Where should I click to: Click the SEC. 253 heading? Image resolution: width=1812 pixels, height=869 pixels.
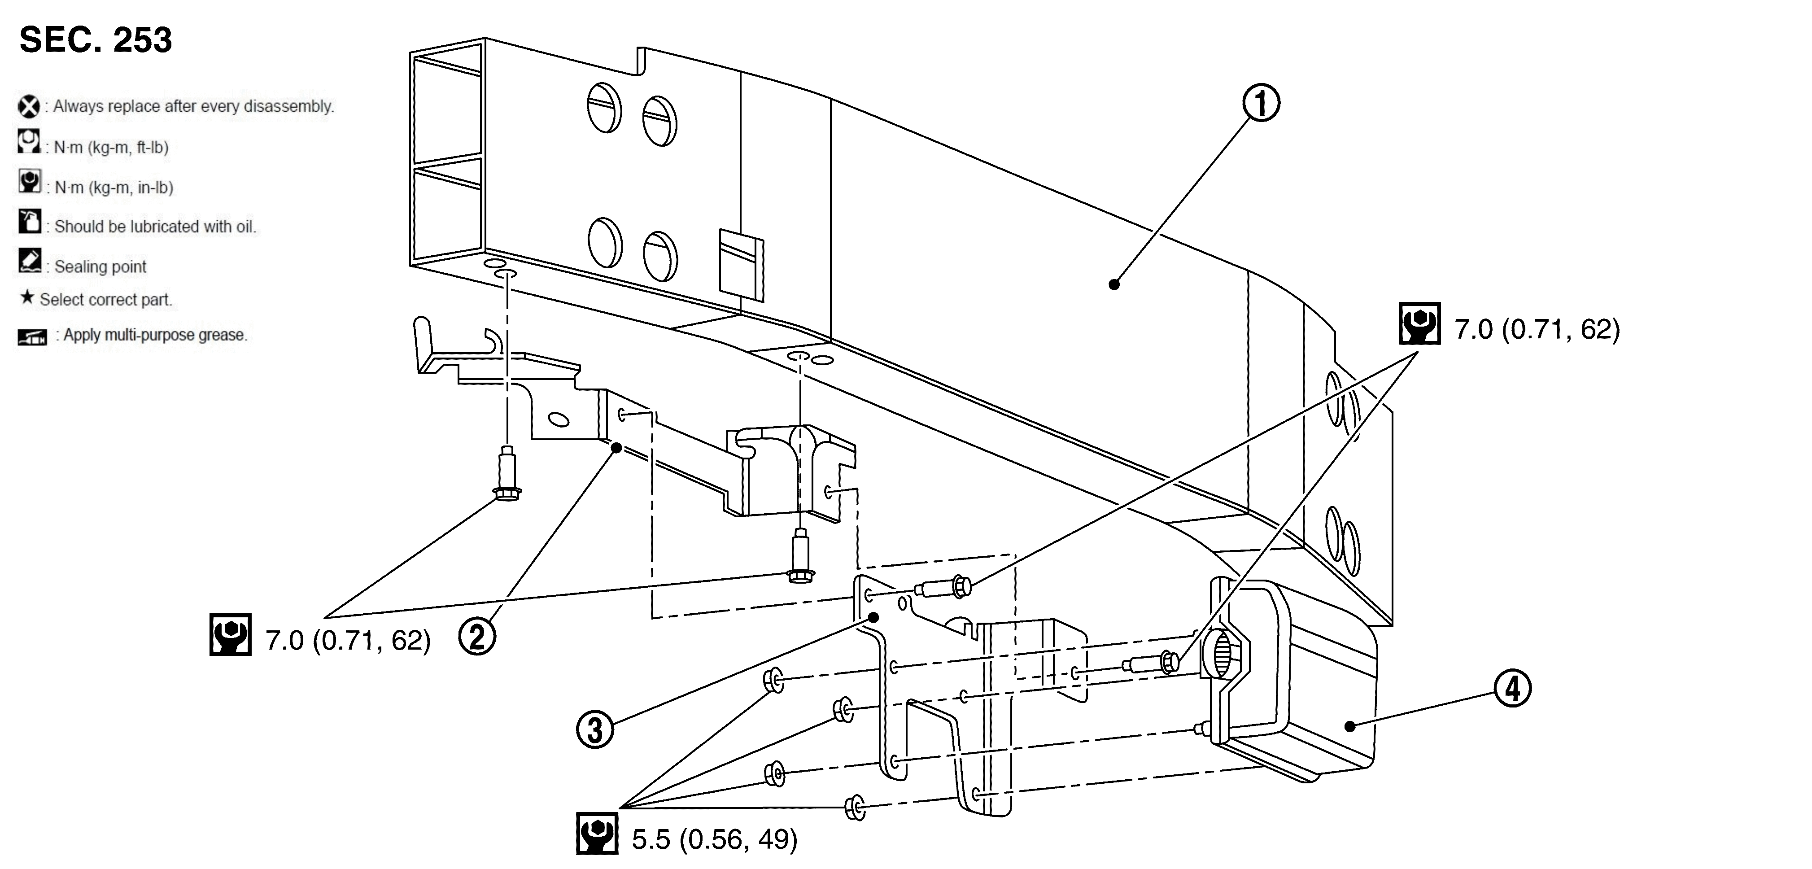96,39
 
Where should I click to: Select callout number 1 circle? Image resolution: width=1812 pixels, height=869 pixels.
1261,104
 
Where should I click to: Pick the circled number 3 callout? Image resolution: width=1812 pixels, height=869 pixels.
595,729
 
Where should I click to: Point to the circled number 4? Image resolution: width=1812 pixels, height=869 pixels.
1512,688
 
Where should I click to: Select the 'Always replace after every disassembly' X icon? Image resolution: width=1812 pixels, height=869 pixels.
29,107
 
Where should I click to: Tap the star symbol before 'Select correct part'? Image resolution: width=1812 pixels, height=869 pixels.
27,297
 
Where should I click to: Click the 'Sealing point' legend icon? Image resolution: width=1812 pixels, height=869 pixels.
30,260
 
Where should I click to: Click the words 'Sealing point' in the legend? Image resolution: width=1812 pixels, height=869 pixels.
100,266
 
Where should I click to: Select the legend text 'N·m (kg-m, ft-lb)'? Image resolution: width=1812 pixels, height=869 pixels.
111,148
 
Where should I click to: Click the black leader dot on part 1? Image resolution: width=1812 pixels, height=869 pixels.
1113,284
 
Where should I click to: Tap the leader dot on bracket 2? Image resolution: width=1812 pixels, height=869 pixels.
616,448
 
